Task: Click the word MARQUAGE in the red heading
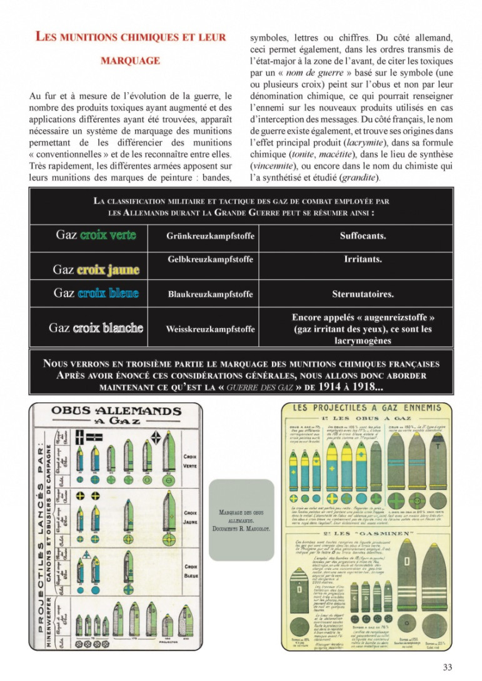pos(130,61)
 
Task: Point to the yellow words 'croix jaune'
pos(108,270)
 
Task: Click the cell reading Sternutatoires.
pos(363,294)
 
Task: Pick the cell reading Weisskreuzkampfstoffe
pos(210,329)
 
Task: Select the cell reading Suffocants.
pos(363,236)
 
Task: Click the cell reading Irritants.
pos(363,259)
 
